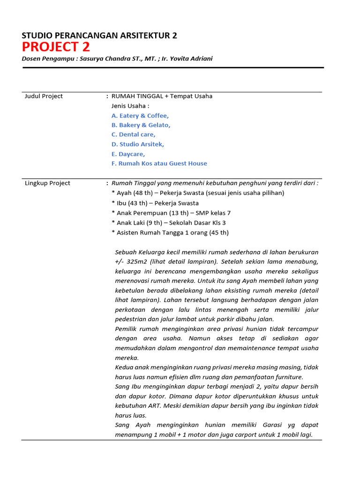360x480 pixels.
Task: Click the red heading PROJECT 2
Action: coord(56,47)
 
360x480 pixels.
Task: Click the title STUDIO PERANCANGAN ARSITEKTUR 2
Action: coord(99,35)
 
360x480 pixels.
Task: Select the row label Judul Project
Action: coord(44,96)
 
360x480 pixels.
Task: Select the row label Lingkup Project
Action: coord(47,183)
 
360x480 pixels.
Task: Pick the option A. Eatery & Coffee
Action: coord(140,116)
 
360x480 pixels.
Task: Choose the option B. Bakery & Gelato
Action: coord(141,125)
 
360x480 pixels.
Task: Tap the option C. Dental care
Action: coord(134,135)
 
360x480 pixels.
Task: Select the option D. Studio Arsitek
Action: coord(138,144)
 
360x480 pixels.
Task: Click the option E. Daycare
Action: coord(128,154)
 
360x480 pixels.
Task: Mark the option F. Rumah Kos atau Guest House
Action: coord(159,164)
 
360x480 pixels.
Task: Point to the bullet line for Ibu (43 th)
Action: coord(155,203)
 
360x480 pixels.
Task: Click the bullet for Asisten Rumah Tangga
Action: coord(170,233)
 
